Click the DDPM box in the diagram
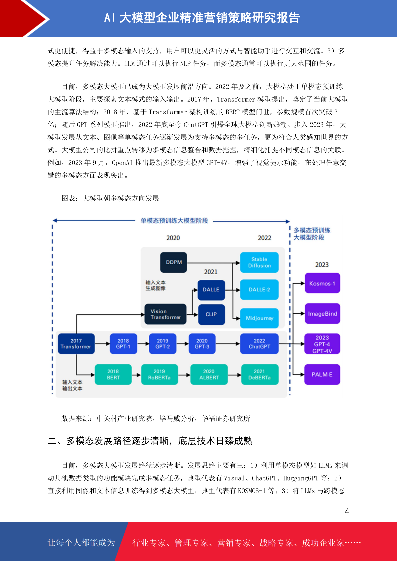coord(173,262)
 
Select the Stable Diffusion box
coord(259,262)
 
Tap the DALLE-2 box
coord(259,289)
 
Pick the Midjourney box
coord(259,318)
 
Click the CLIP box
coord(211,314)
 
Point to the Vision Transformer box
coord(165,314)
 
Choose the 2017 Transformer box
coord(76,343)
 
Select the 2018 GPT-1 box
coord(123,343)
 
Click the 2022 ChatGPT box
coord(259,343)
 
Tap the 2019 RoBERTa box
coord(159,374)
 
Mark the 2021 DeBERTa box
coord(260,374)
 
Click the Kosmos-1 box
coord(322,283)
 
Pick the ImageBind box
coord(322,313)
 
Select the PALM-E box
coord(322,374)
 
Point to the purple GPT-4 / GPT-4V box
coord(322,344)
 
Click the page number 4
coord(347,511)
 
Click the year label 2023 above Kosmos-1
coord(322,265)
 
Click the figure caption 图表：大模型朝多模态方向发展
coord(110,198)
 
